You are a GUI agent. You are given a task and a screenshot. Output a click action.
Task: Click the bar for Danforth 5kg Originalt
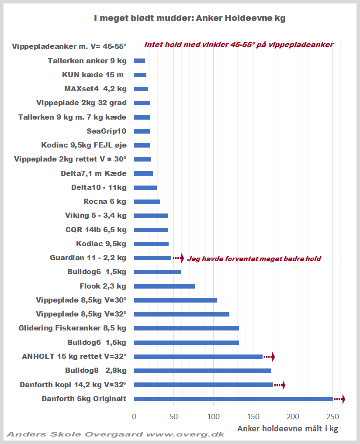(233, 399)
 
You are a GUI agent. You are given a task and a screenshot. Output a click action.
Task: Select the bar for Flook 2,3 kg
(164, 286)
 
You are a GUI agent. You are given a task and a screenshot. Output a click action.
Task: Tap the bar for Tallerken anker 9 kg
(139, 61)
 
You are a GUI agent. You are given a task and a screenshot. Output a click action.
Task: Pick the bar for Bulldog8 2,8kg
(202, 371)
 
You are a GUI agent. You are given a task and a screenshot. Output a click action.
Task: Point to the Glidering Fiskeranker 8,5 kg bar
(186, 328)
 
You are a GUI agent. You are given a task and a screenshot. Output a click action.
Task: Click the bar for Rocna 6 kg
(147, 202)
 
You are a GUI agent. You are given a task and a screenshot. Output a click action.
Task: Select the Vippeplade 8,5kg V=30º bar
(175, 300)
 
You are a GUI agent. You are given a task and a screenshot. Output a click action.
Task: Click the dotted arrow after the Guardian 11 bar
(178, 258)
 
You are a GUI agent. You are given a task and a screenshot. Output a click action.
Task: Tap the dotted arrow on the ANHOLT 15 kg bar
(269, 357)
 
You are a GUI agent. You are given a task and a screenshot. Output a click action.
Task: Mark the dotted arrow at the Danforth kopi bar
(280, 385)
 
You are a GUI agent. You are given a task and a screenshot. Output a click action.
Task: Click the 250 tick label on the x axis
(332, 416)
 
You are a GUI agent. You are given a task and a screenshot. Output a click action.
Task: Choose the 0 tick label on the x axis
(134, 416)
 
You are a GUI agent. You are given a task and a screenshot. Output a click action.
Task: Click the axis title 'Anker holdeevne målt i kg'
(287, 429)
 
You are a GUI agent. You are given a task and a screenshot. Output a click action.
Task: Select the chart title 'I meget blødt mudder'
(190, 18)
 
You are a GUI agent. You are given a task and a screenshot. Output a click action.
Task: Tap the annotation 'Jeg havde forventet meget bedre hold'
(254, 259)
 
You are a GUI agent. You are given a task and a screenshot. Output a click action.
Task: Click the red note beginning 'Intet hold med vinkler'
(239, 45)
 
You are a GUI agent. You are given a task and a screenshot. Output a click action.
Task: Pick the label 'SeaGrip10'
(107, 131)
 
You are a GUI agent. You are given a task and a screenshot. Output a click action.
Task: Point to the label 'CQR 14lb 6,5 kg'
(96, 230)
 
